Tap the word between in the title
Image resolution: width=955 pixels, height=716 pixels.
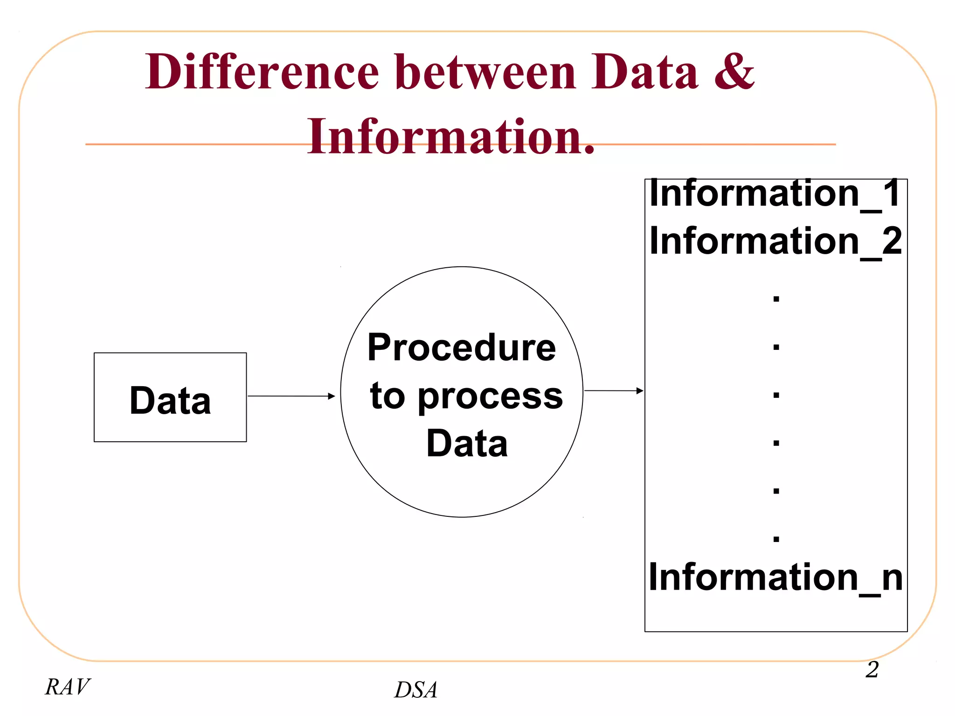click(x=485, y=72)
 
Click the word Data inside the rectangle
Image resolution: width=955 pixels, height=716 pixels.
click(x=170, y=401)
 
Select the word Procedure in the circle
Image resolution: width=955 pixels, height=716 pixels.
click(x=462, y=348)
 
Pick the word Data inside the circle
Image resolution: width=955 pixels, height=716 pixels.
click(x=467, y=444)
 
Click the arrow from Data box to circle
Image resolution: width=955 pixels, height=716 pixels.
click(x=291, y=396)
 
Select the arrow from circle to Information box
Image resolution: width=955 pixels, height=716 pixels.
click(x=614, y=390)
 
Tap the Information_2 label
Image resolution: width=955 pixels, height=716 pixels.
click(x=775, y=241)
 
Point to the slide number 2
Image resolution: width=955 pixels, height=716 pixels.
click(x=872, y=669)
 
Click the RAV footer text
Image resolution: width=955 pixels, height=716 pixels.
click(x=68, y=687)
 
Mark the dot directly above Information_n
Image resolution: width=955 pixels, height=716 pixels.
click(x=776, y=539)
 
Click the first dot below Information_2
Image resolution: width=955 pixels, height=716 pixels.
click(x=776, y=299)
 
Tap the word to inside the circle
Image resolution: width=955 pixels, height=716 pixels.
click(x=387, y=396)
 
